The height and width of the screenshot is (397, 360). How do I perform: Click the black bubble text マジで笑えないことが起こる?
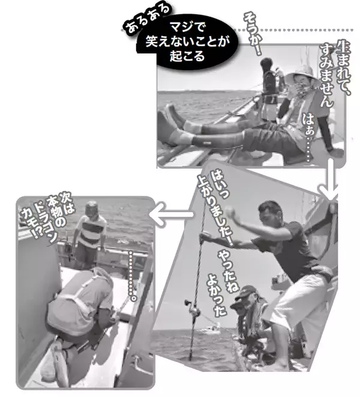click(187, 42)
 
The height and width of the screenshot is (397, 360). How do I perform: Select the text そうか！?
click(253, 34)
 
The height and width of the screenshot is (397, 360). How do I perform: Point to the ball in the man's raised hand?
click(231, 210)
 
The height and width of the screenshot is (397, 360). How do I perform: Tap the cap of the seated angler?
click(244, 291)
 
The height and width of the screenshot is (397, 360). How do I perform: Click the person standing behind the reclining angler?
click(270, 89)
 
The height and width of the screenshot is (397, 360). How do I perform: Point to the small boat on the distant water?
click(211, 330)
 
